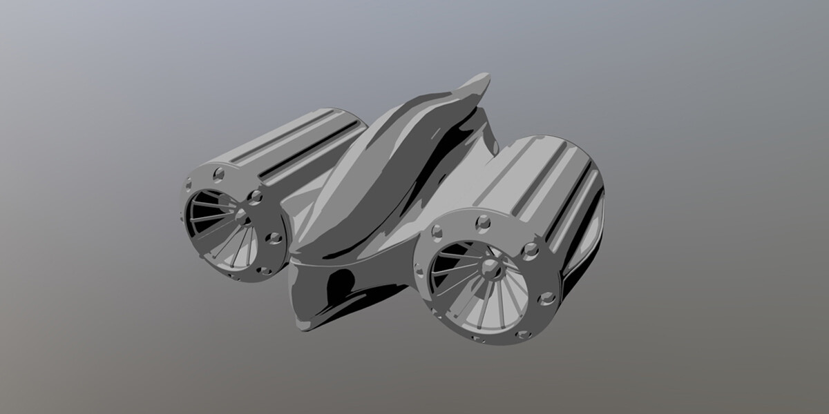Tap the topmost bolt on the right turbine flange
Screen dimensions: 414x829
pyautogui.click(x=483, y=221)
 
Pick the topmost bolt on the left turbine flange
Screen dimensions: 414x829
pyautogui.click(x=219, y=172)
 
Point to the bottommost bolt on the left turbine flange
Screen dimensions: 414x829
pyautogui.click(x=265, y=271)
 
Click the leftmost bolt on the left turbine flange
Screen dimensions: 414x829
pyautogui.click(x=188, y=185)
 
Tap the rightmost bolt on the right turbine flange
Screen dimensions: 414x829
pyautogui.click(x=547, y=298)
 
